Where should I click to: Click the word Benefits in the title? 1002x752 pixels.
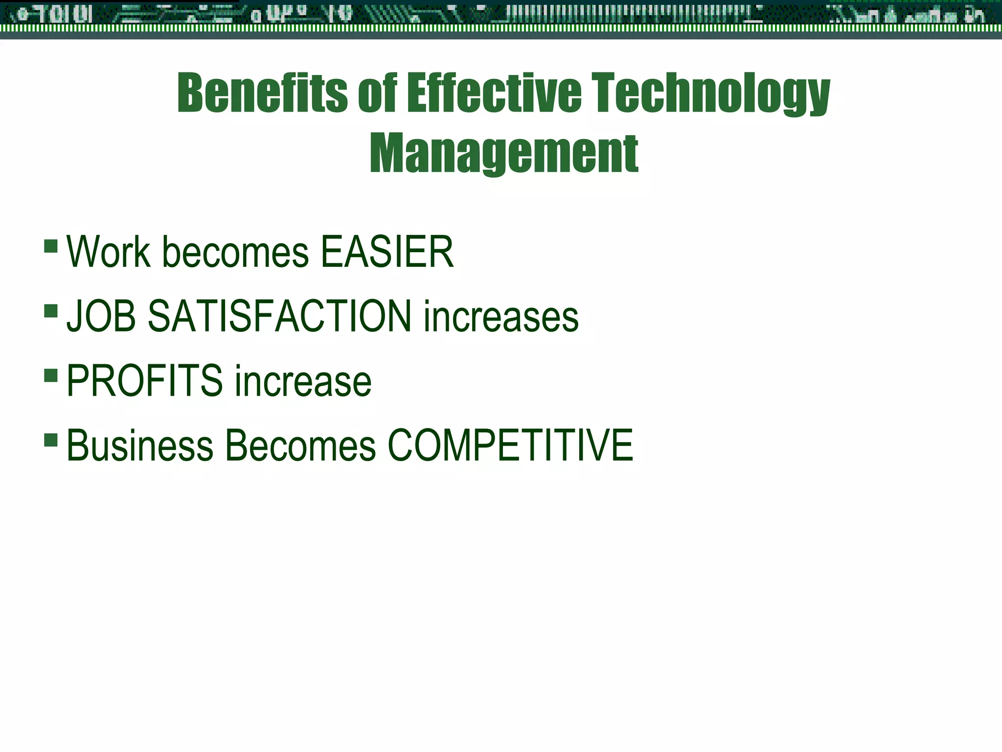pyautogui.click(x=262, y=93)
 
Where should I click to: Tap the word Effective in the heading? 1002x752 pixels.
pyautogui.click(x=495, y=93)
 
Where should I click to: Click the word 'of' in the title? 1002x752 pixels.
pyautogui.click(x=377, y=93)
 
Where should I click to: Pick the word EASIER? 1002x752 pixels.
pyautogui.click(x=387, y=252)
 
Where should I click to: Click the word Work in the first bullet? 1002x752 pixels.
pyautogui.click(x=108, y=252)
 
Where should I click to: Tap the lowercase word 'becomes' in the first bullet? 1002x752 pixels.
pyautogui.click(x=235, y=253)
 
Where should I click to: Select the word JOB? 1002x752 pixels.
pyautogui.click(x=101, y=316)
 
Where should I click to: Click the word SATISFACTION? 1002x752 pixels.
pyautogui.click(x=279, y=316)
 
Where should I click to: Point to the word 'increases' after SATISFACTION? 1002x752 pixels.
pyautogui.click(x=501, y=317)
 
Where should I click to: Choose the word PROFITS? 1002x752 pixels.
pyautogui.click(x=144, y=380)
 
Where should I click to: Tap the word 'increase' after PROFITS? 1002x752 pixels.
pyautogui.click(x=303, y=381)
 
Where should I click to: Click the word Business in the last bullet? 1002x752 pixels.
pyautogui.click(x=140, y=445)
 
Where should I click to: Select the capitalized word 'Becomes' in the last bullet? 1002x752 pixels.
pyautogui.click(x=300, y=445)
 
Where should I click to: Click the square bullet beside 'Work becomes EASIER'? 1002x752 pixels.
pyautogui.click(x=51, y=245)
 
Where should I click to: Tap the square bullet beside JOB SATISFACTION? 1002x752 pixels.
pyautogui.click(x=51, y=310)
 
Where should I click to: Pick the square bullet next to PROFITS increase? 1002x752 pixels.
pyautogui.click(x=51, y=375)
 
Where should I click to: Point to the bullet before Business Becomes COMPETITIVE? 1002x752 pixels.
pyautogui.click(x=51, y=439)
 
